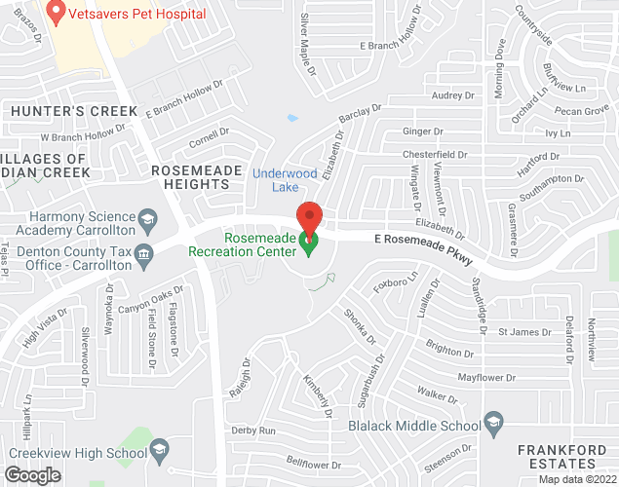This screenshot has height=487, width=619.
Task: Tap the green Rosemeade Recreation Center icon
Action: pos(309,244)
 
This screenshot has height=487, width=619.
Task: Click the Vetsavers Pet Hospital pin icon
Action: pos(57,14)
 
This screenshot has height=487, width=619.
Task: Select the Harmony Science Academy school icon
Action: pos(148,216)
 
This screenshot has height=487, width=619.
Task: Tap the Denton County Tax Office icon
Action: pos(143,255)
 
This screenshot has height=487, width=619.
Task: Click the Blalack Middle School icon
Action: pos(494,424)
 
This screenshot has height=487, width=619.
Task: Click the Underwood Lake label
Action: pos(283,179)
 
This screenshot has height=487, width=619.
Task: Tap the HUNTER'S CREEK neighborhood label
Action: pos(74,111)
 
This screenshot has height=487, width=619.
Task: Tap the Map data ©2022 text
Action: pos(576,479)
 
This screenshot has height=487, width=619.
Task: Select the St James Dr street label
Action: pos(524,332)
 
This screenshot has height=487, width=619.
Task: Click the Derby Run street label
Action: pos(253,430)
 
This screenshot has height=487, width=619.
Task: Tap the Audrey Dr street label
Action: pos(451,95)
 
